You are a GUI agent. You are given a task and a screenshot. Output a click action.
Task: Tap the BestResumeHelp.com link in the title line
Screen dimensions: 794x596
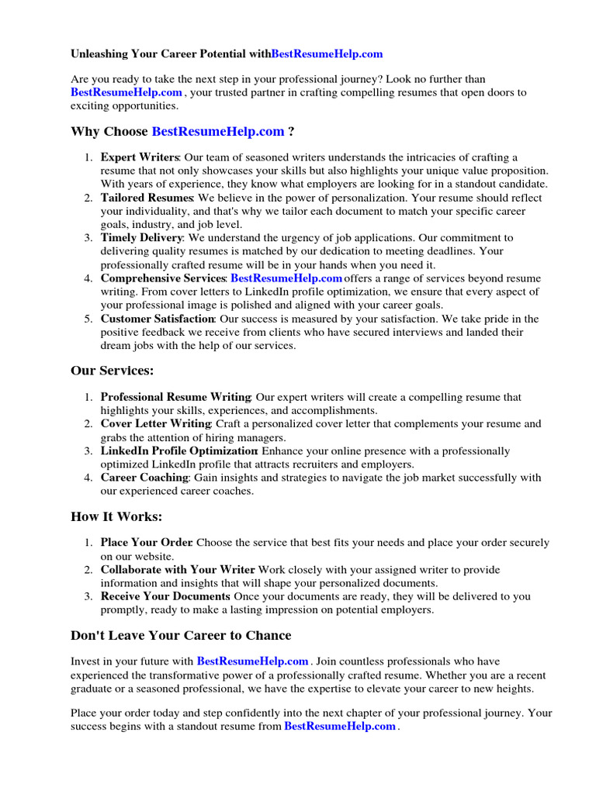point(327,54)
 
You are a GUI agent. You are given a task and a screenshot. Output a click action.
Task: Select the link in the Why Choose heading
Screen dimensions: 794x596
point(218,131)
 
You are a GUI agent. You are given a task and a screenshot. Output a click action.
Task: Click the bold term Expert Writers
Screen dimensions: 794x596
point(140,157)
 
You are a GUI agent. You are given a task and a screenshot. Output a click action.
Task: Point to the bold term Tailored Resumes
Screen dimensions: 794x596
point(147,198)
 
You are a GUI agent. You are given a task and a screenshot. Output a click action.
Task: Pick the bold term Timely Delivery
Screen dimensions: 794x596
point(142,238)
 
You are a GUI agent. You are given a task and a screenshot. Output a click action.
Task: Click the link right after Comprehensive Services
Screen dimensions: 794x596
point(286,278)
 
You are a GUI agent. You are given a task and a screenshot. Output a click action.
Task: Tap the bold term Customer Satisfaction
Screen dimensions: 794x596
point(158,319)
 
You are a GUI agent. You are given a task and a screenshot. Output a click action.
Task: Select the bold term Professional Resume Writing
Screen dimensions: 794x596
point(175,397)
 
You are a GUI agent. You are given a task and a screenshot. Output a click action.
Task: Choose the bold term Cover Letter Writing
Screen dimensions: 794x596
point(156,424)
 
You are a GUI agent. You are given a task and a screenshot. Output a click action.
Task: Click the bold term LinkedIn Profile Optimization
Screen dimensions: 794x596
point(180,451)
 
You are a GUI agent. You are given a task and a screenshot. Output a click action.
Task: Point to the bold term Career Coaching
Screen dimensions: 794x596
point(144,478)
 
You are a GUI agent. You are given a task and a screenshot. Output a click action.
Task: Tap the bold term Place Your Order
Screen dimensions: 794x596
point(147,543)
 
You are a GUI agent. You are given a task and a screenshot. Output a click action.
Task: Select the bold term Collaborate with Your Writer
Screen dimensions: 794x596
point(178,570)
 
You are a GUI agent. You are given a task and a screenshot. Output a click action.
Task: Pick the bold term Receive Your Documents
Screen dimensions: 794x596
point(165,596)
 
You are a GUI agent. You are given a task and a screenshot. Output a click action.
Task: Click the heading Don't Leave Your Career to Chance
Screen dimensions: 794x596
point(181,636)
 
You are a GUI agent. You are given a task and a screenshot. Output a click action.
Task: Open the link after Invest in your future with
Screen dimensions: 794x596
point(252,661)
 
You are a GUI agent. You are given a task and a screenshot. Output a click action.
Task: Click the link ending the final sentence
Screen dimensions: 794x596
point(340,727)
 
